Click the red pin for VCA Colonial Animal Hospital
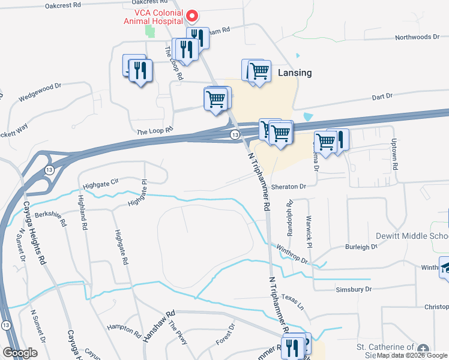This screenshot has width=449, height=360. (192, 16)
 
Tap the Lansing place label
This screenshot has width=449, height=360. (295, 73)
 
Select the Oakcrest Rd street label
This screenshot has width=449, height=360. (63, 5)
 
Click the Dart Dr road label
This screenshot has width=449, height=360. (382, 96)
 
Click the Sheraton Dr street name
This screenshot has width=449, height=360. (289, 187)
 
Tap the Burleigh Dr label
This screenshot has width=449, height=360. (361, 247)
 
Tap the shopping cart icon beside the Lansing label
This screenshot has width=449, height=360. (259, 72)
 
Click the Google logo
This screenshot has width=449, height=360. (20, 353)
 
